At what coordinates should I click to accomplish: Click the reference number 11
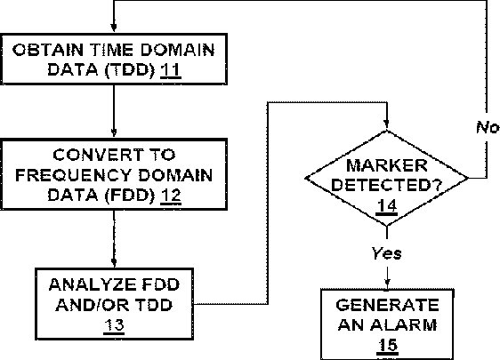(x=171, y=70)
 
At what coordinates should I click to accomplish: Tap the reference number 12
(x=171, y=196)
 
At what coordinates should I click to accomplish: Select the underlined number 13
(x=114, y=325)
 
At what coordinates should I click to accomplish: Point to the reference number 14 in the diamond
(x=387, y=206)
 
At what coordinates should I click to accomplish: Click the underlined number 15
(x=387, y=346)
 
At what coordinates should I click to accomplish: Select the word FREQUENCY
(x=73, y=175)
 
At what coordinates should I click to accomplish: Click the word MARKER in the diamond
(x=386, y=165)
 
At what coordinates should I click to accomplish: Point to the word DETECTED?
(x=386, y=185)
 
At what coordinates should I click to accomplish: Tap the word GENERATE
(x=387, y=305)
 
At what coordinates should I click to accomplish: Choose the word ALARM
(x=404, y=325)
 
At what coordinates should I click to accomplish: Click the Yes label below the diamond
(x=386, y=253)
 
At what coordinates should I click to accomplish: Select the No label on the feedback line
(x=487, y=127)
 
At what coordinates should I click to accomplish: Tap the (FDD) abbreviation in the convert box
(x=130, y=196)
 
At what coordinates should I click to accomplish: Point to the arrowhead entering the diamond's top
(x=387, y=124)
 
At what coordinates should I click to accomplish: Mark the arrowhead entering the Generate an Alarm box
(x=387, y=284)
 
